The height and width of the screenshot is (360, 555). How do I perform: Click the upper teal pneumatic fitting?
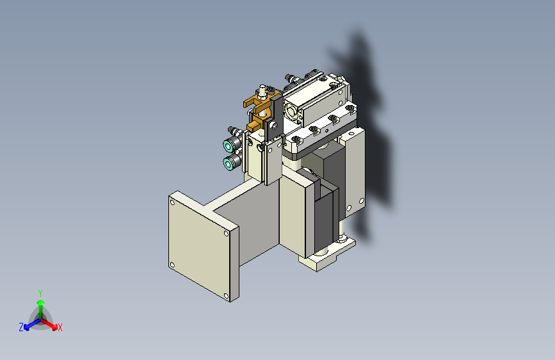229,145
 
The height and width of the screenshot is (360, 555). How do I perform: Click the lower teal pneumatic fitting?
229,163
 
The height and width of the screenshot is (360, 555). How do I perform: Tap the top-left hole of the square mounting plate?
172,202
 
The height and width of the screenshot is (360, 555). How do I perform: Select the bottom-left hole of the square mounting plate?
172,265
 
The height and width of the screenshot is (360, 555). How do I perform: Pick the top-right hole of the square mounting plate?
226,233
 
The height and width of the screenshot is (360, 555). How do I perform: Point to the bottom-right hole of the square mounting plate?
226,295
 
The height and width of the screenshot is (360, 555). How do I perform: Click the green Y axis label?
40,293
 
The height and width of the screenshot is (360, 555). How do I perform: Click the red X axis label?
60,328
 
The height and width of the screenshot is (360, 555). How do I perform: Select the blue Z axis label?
21,327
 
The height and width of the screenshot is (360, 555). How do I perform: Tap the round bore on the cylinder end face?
292,112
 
